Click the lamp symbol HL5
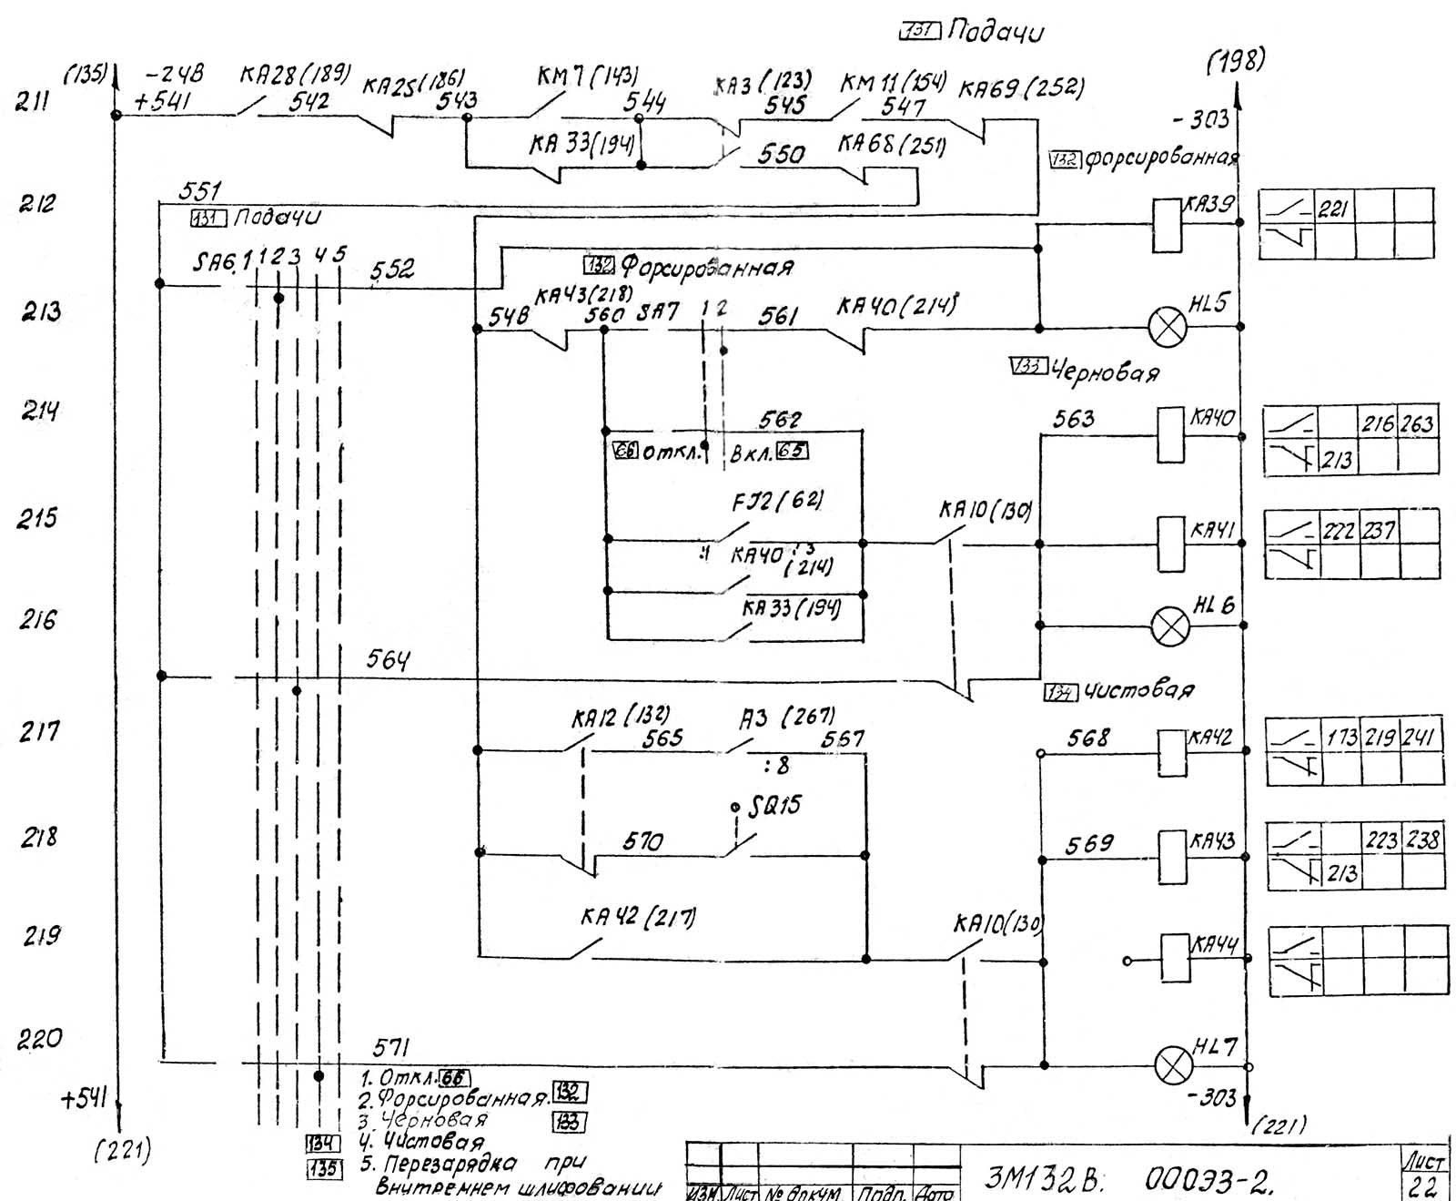(1168, 327)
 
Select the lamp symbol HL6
(1170, 626)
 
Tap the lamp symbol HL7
(1174, 1065)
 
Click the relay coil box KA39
(1167, 225)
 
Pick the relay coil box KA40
(1170, 436)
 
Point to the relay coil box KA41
(1170, 544)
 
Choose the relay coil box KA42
(1171, 752)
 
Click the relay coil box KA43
(1171, 857)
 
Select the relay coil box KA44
(1175, 958)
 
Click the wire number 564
(389, 659)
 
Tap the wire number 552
(392, 270)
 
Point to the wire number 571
(391, 1048)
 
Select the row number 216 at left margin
(38, 621)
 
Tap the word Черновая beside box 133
(1106, 371)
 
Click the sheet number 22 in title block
(1421, 1186)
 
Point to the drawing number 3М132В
(1044, 1179)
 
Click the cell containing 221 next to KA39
(1333, 209)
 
